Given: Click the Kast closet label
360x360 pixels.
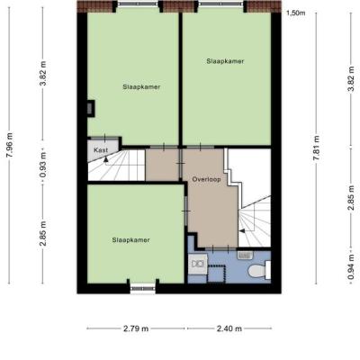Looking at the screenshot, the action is tap(101, 150).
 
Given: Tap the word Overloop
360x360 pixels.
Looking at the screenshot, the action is tap(206, 179).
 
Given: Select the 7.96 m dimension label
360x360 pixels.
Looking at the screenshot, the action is tap(10, 145).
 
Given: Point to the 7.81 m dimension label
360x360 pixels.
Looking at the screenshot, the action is tap(317, 148).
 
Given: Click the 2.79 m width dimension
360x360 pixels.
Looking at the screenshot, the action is tap(136, 328).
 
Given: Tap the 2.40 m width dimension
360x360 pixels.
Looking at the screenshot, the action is tap(229, 328).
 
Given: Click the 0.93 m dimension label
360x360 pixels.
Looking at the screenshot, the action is tap(43, 165).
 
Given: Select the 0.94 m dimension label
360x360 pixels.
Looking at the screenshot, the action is tap(352, 266).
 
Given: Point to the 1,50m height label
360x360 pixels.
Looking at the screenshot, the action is tap(296, 13).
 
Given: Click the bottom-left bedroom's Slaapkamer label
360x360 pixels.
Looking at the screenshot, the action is tap(131, 240).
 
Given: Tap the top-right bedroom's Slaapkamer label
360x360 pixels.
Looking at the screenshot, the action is tap(225, 61).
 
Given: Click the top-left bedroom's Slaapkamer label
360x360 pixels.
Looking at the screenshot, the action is tap(141, 87).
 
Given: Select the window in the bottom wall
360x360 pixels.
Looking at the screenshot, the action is tap(143, 288).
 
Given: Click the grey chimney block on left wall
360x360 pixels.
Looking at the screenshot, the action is tap(91, 108).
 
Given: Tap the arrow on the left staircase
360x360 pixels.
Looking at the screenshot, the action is tap(105, 159).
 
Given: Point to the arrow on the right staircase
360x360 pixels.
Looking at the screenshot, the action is tap(241, 230).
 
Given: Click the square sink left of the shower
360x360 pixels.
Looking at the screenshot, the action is tap(198, 264).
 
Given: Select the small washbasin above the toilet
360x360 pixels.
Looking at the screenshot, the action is tap(246, 255).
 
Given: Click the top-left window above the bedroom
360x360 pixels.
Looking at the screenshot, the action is tap(138, 4).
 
